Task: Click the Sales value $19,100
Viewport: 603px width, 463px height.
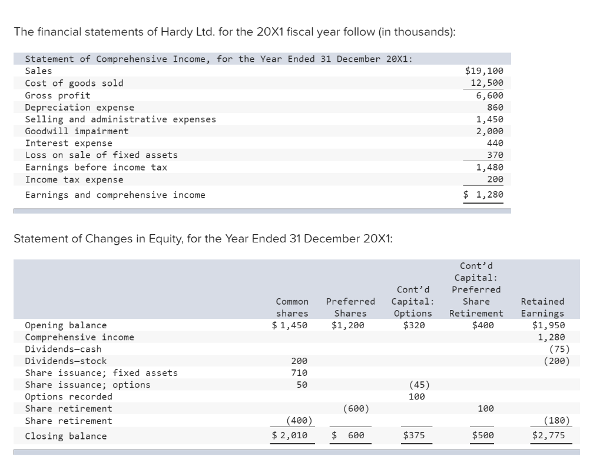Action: coord(484,71)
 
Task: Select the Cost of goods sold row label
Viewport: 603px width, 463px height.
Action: coord(74,83)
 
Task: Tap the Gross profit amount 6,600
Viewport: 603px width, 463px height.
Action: coord(489,95)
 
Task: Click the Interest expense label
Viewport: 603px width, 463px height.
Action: coord(68,143)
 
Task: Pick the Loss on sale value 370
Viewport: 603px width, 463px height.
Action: coord(495,155)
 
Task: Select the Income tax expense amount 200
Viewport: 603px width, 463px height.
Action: coord(495,179)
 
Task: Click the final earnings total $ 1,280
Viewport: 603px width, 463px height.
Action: coord(483,195)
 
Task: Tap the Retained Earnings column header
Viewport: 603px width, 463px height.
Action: coord(542,308)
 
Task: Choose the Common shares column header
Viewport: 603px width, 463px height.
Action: coord(292,308)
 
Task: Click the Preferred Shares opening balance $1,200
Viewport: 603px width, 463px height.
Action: coord(348,325)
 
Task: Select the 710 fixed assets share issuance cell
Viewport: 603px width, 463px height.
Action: coord(299,373)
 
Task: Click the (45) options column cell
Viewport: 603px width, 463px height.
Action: coord(418,385)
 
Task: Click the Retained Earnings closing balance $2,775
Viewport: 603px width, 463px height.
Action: coord(548,436)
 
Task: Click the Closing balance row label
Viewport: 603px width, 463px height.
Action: coord(66,436)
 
